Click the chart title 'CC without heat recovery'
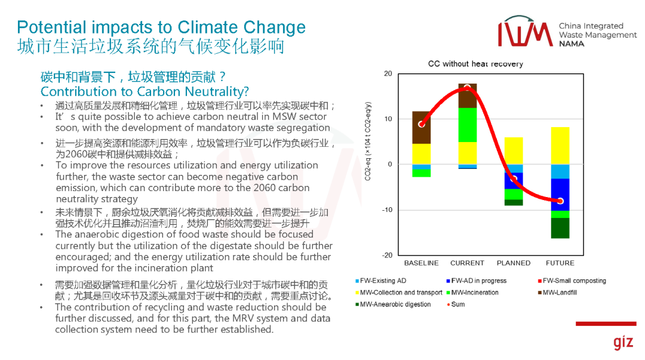[475, 64]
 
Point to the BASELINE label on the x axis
[421, 263]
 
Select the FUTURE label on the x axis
[560, 263]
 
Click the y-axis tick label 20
[388, 74]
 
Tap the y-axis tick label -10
[387, 210]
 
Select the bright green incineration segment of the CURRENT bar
[467, 125]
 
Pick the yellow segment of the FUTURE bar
[560, 146]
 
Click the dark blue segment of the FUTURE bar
[560, 195]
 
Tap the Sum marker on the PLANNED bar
[514, 179]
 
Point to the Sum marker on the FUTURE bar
[560, 201]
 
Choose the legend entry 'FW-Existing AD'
[383, 281]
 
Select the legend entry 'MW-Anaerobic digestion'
[395, 304]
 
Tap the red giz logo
[622, 343]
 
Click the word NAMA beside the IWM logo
[572, 44]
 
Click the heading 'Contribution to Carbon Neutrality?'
[145, 91]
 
